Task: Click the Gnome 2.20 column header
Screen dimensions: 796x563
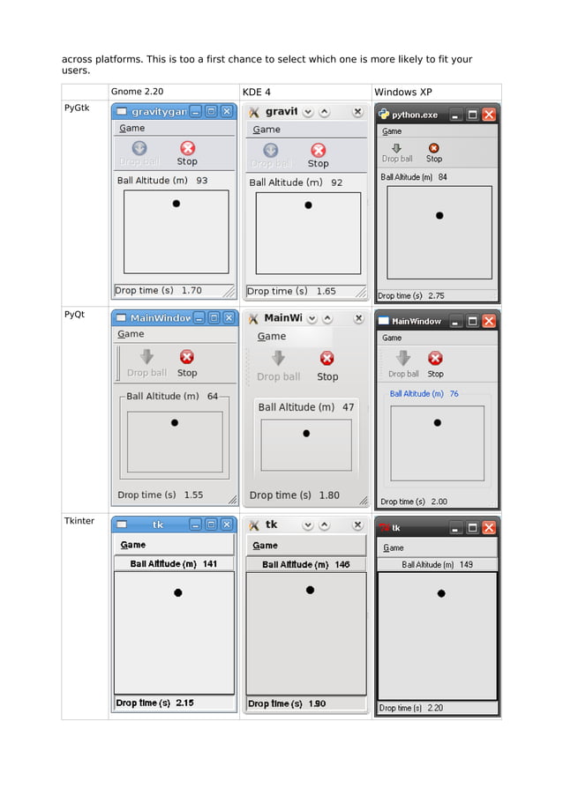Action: click(137, 92)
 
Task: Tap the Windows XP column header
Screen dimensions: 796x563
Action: click(402, 92)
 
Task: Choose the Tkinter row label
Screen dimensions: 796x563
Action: click(79, 521)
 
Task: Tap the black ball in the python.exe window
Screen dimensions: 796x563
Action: click(439, 215)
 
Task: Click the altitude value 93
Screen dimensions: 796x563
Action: click(202, 181)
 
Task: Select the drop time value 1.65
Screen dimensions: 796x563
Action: click(326, 291)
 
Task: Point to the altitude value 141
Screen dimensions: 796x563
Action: click(210, 563)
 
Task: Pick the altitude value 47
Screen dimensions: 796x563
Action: click(349, 407)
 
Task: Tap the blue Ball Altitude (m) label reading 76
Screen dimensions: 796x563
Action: click(424, 394)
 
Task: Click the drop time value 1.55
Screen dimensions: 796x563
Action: click(192, 495)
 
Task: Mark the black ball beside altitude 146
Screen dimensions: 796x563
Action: click(310, 591)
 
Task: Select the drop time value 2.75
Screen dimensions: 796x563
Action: click(436, 296)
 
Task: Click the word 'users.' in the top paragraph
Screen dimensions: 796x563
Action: click(76, 71)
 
